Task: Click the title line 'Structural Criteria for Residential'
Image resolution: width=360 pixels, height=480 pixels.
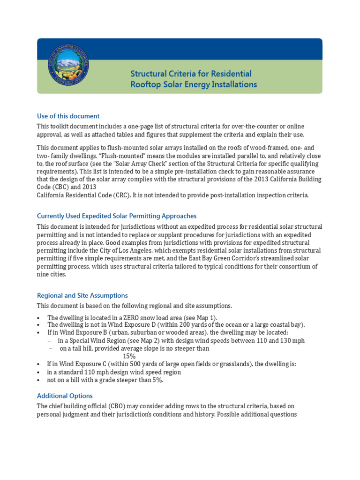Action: click(191, 74)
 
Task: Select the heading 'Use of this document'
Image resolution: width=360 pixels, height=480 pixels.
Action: click(68, 116)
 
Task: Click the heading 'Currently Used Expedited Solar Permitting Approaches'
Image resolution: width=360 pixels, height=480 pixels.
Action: click(117, 216)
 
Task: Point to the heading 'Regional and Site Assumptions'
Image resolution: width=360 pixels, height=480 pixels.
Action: click(82, 295)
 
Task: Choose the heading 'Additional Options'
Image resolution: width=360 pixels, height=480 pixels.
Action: click(65, 396)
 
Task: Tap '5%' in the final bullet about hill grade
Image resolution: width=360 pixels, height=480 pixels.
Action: click(157, 380)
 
